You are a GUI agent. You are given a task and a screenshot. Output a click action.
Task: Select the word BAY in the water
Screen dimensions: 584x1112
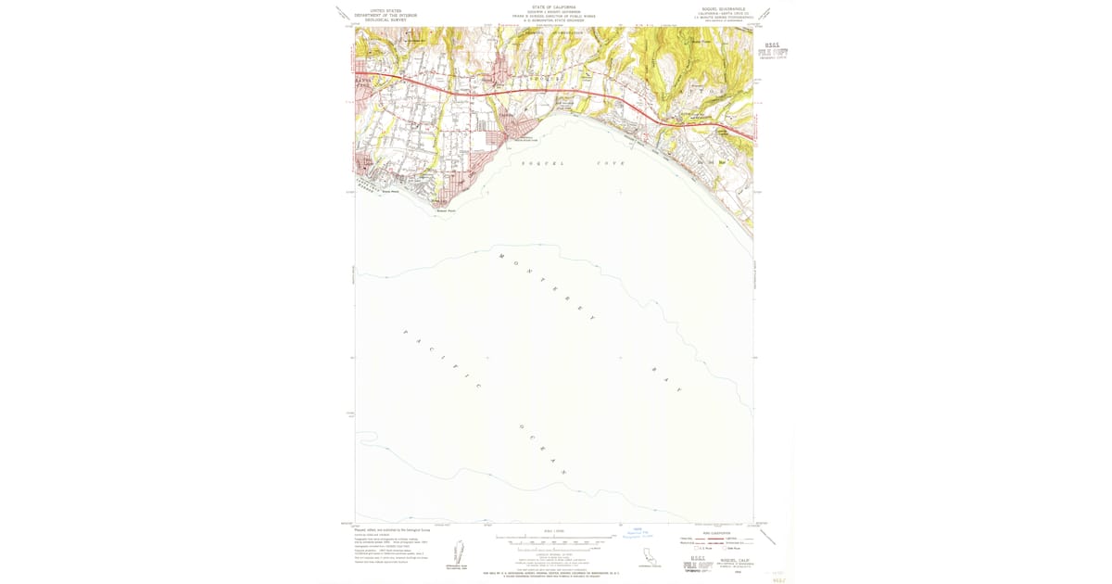coord(664,379)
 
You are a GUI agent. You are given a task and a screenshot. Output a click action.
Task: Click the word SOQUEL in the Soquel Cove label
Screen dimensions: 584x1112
coord(537,163)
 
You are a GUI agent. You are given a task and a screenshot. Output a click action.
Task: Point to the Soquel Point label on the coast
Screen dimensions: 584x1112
coord(448,210)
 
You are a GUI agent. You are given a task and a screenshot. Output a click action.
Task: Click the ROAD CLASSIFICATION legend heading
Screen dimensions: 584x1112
coord(717,532)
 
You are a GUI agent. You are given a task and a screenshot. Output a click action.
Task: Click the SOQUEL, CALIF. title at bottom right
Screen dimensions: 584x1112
coord(727,560)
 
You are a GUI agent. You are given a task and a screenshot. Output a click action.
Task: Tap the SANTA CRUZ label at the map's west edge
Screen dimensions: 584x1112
coord(362,83)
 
